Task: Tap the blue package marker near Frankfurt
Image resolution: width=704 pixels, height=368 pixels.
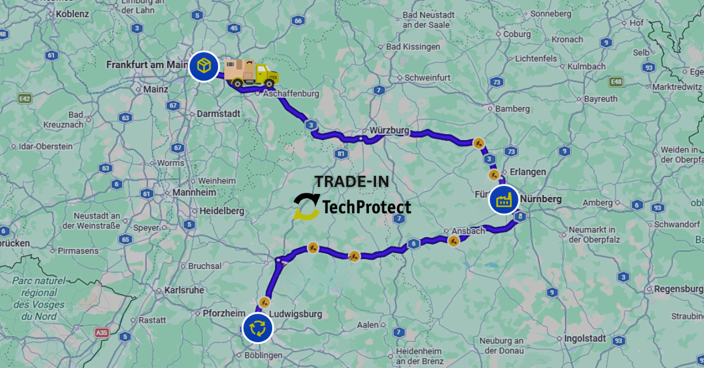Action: [204, 66]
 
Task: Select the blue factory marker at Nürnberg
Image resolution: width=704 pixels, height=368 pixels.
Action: [504, 200]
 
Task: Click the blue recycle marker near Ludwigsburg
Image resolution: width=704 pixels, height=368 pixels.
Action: [258, 328]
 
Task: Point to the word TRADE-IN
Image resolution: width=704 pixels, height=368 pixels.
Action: [351, 182]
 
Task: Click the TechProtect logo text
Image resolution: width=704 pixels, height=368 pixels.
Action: [367, 207]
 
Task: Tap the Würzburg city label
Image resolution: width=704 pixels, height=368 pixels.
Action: [389, 130]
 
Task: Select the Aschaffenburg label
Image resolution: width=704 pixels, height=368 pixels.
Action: [290, 94]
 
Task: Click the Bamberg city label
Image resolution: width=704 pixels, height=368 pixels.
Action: [512, 108]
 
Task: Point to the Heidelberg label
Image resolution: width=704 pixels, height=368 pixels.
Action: [222, 210]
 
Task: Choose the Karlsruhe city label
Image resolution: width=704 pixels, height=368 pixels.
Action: [184, 289]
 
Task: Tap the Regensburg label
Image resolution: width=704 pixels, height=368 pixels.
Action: [678, 289]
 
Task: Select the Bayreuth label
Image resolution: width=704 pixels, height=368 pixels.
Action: [600, 99]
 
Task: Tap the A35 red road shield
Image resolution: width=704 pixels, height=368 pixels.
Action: [102, 332]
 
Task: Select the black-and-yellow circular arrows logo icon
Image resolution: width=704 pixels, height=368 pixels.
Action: [306, 206]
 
